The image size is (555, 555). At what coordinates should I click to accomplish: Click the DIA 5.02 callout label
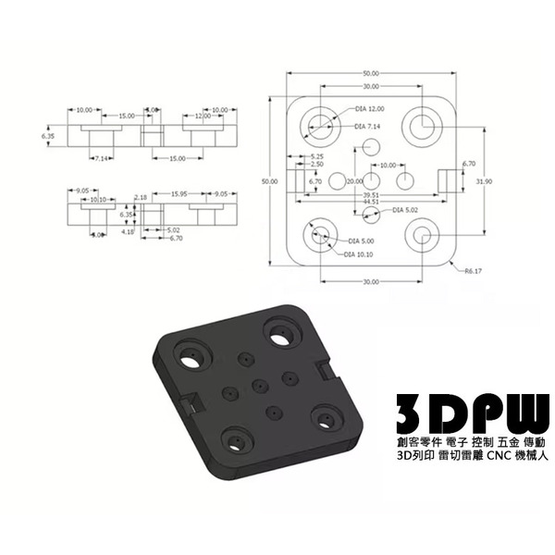(405, 210)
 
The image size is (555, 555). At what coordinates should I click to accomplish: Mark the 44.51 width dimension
(371, 201)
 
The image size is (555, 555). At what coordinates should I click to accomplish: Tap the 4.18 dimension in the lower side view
(127, 233)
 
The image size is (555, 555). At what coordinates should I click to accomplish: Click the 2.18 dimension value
(141, 197)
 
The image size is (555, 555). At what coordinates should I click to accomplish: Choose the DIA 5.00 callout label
(360, 241)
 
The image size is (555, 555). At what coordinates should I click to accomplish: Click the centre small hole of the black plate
(259, 381)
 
